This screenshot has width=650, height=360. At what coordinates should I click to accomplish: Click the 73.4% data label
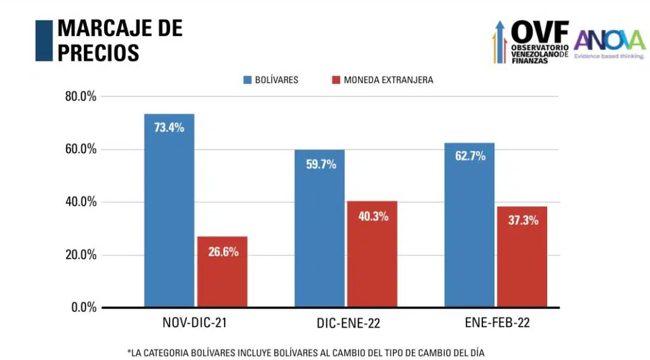[169, 128]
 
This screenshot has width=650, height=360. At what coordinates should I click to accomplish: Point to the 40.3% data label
[373, 217]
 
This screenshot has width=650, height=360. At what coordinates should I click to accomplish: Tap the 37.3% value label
[522, 221]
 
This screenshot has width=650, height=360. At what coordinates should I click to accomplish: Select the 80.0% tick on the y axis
[80, 97]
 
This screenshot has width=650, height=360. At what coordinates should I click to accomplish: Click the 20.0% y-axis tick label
[80, 255]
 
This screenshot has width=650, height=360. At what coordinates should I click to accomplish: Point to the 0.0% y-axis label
[83, 307]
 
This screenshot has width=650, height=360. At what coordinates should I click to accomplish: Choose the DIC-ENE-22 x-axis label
[348, 324]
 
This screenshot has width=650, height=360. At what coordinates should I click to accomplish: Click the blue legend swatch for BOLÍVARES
[247, 81]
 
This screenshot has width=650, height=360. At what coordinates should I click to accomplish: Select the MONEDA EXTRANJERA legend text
[388, 81]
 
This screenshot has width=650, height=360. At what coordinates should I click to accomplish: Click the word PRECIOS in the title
[98, 52]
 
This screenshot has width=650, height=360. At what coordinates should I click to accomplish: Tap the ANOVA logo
[609, 42]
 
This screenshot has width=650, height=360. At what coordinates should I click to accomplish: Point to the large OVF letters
[540, 30]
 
